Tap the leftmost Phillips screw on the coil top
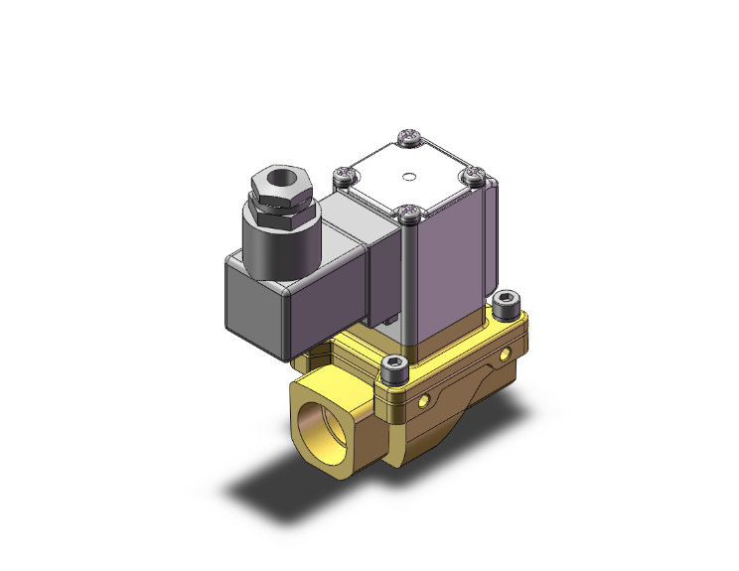click(346, 177)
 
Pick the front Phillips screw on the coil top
click(410, 211)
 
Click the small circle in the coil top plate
click(409, 180)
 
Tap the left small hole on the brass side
click(427, 399)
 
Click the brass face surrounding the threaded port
click(342, 437)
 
